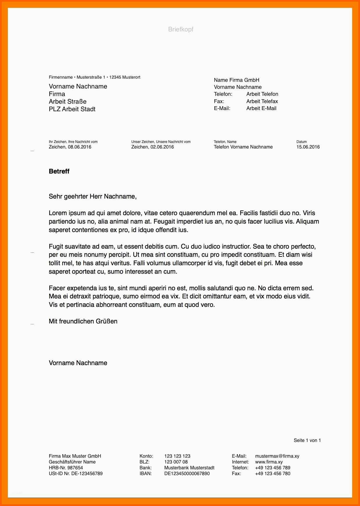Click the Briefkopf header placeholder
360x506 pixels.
(181, 29)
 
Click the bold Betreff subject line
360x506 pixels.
(59, 171)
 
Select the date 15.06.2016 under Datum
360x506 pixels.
(308, 147)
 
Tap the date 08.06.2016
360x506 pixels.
(80, 147)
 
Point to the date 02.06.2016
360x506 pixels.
(162, 147)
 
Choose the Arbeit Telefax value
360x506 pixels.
(262, 101)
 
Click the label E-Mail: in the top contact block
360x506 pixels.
(222, 108)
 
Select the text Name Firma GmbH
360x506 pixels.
(236, 80)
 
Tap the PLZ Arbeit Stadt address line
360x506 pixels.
(72, 109)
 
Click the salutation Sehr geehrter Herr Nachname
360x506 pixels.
(93, 197)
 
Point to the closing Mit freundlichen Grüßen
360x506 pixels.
(83, 321)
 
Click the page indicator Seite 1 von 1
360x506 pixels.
(307, 440)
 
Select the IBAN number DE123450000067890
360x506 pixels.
(187, 474)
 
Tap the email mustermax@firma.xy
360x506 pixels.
(277, 456)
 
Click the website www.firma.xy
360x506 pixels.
(269, 462)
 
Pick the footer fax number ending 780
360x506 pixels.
(272, 474)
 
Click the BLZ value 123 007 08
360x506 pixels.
(176, 462)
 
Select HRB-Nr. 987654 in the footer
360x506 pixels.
(66, 468)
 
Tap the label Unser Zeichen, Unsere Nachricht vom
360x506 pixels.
(161, 142)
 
